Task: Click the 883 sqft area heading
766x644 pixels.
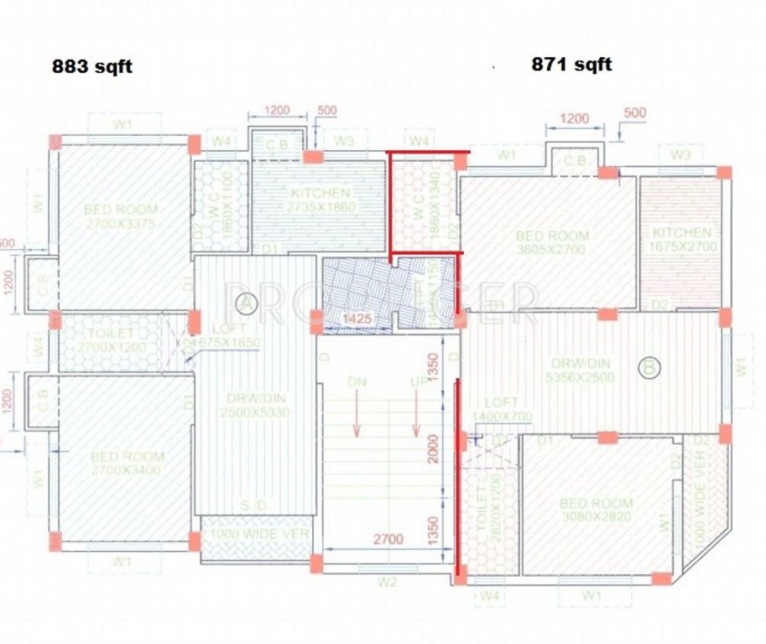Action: point(92,67)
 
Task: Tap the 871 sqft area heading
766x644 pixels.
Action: point(571,65)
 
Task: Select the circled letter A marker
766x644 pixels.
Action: point(245,302)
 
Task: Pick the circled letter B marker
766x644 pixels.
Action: point(648,366)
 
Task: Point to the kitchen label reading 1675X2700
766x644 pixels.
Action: point(680,239)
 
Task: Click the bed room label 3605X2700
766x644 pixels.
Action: point(552,242)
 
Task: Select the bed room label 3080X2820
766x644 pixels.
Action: point(597,511)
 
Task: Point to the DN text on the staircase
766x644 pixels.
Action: point(358,382)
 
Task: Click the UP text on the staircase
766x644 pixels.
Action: point(416,382)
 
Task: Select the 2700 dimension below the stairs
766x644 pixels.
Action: point(388,538)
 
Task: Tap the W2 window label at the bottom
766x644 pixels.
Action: point(387,580)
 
